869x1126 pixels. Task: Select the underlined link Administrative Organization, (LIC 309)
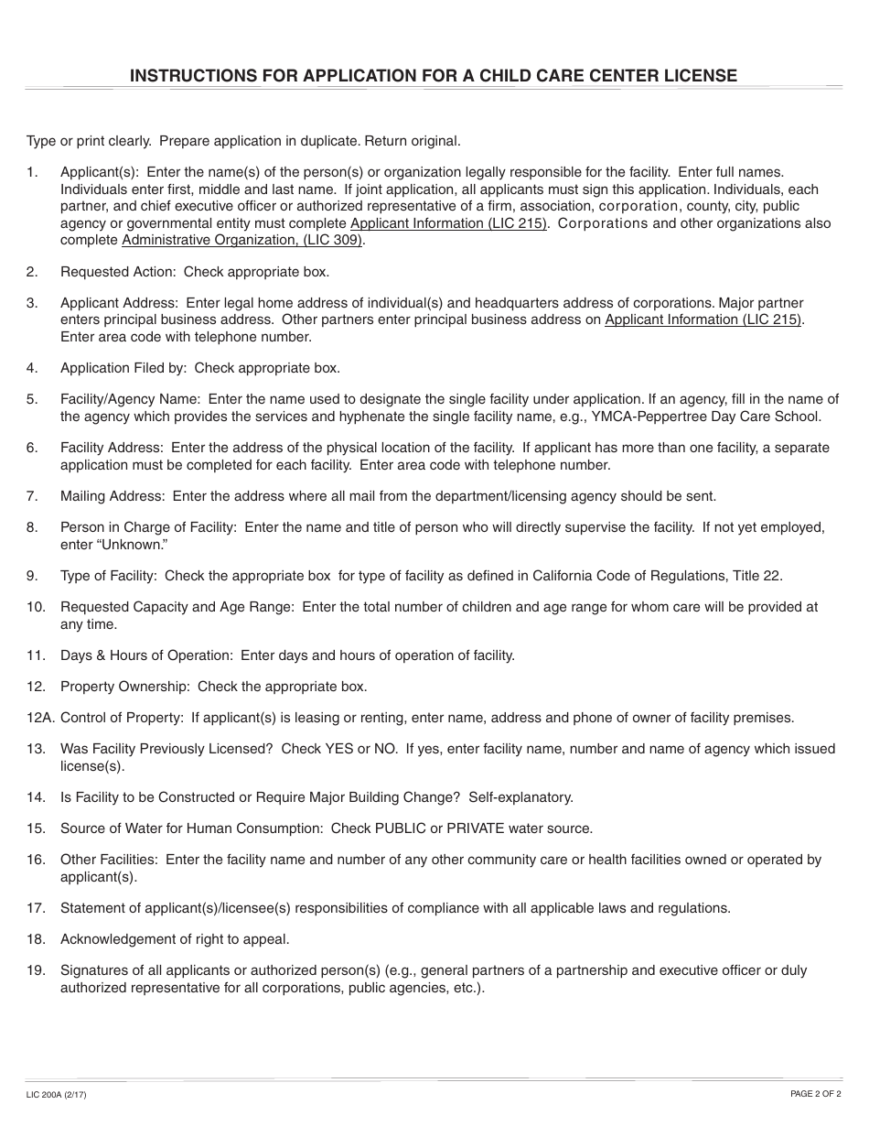[242, 241]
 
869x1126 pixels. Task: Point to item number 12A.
[38, 718]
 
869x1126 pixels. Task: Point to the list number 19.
[36, 970]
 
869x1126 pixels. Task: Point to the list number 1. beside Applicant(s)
[33, 171]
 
